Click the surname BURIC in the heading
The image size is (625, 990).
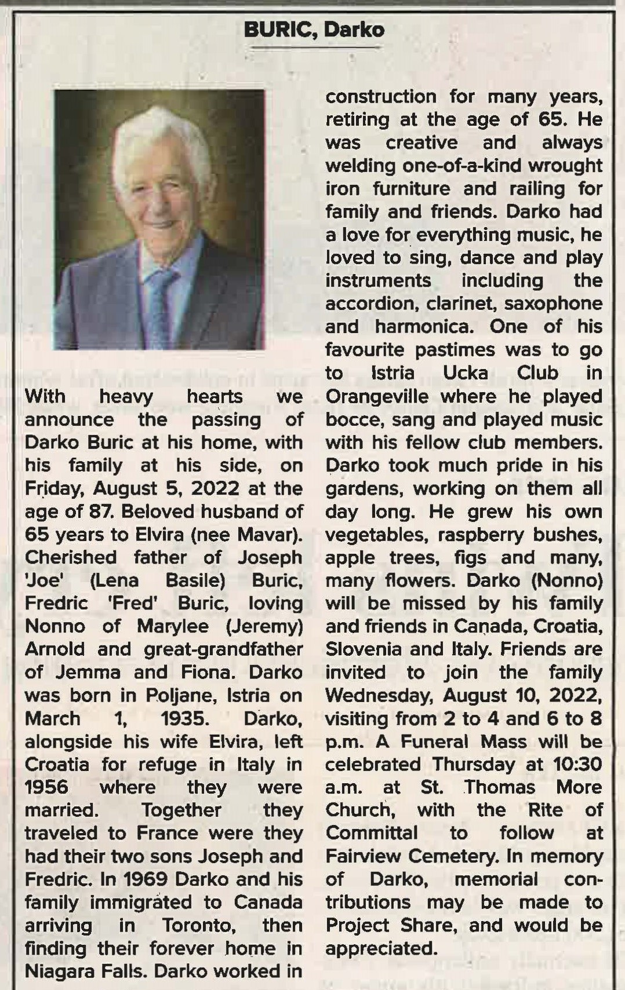click(279, 30)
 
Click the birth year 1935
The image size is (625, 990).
click(184, 718)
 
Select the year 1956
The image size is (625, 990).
click(46, 787)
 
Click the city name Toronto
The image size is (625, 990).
click(198, 925)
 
